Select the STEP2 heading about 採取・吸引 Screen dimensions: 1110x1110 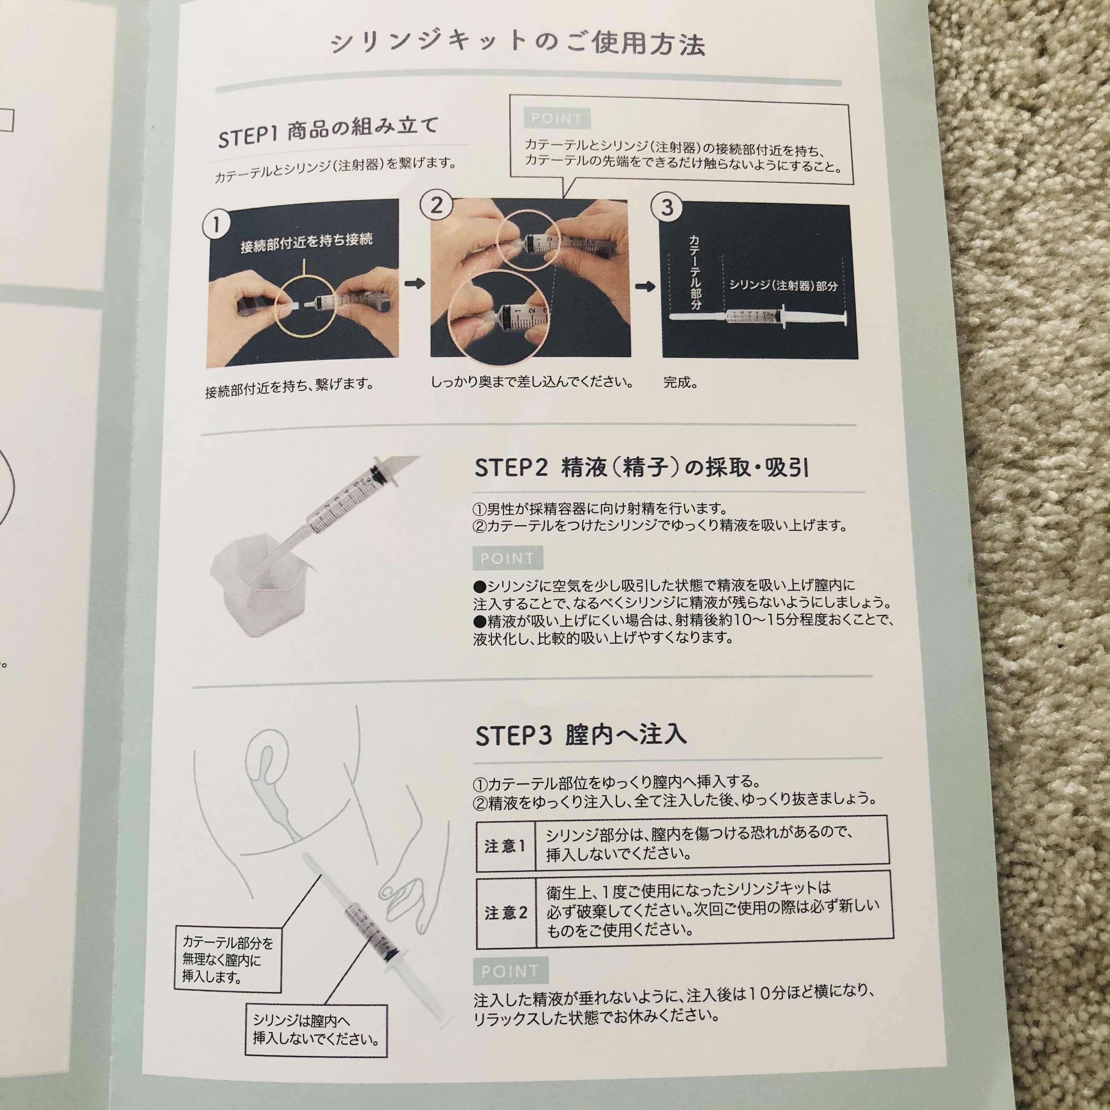coord(642,468)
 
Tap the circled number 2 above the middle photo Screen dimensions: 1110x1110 coord(437,204)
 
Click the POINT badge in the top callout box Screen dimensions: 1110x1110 coord(556,119)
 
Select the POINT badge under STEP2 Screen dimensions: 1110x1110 coord(507,558)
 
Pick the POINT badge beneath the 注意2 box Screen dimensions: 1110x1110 coord(510,971)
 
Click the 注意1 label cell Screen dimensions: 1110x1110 coord(505,847)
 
